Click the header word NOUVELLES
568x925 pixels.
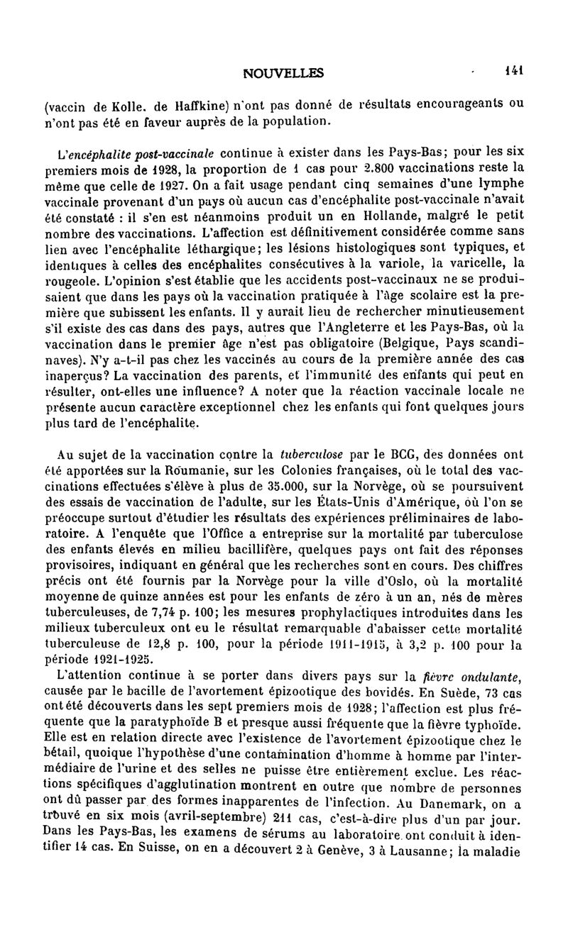coord(283,72)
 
